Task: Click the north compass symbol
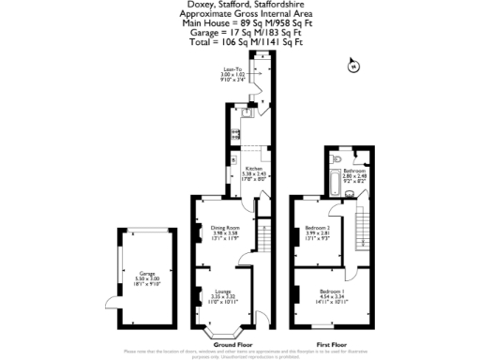click(352, 67)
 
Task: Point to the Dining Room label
click(224, 232)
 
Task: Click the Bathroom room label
click(355, 172)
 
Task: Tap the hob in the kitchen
click(231, 131)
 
